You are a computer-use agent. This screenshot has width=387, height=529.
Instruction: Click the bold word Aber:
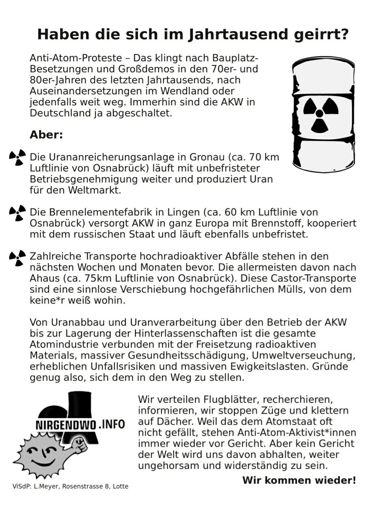coord(46,134)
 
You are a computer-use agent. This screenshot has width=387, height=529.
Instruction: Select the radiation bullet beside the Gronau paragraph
coord(17,157)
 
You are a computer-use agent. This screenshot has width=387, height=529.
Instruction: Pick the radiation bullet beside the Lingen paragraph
coord(17,212)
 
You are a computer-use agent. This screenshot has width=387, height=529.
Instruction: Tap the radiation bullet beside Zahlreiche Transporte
coord(17,257)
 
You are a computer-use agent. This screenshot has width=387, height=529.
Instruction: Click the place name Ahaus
coord(45,278)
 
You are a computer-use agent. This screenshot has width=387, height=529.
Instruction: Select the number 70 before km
coord(255,157)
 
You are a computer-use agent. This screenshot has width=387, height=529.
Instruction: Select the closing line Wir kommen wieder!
coord(299,480)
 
